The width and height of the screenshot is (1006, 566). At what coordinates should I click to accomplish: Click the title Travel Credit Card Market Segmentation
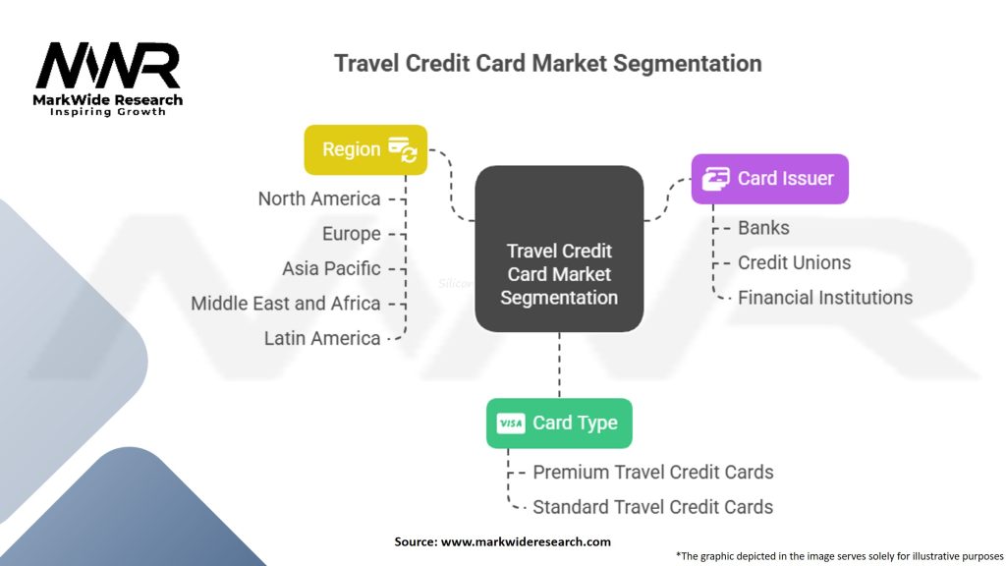click(x=547, y=64)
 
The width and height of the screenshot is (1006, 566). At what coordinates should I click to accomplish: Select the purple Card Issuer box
click(x=769, y=178)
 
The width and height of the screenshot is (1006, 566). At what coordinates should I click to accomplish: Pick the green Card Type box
click(x=559, y=424)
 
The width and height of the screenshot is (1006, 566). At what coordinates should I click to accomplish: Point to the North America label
click(x=318, y=198)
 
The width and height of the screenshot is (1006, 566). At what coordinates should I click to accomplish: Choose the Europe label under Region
click(x=351, y=234)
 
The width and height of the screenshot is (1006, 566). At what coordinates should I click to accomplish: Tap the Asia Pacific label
click(x=331, y=268)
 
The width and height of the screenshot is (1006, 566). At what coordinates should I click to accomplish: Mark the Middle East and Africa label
click(x=285, y=303)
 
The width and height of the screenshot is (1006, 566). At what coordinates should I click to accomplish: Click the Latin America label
click(x=321, y=338)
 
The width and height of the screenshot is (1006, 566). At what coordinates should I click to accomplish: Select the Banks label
click(x=763, y=227)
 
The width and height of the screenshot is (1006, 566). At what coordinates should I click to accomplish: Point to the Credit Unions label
click(x=794, y=262)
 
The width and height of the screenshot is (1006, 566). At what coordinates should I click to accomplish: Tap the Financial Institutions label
click(x=824, y=297)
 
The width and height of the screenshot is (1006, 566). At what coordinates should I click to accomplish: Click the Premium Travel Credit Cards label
click(x=652, y=472)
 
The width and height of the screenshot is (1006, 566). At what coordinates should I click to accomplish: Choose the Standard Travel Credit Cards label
click(x=652, y=507)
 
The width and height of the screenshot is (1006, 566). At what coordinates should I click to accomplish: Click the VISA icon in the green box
click(x=511, y=424)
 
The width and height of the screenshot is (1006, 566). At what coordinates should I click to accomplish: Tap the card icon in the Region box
click(x=403, y=149)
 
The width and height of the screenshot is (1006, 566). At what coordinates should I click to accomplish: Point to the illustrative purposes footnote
click(x=839, y=555)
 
